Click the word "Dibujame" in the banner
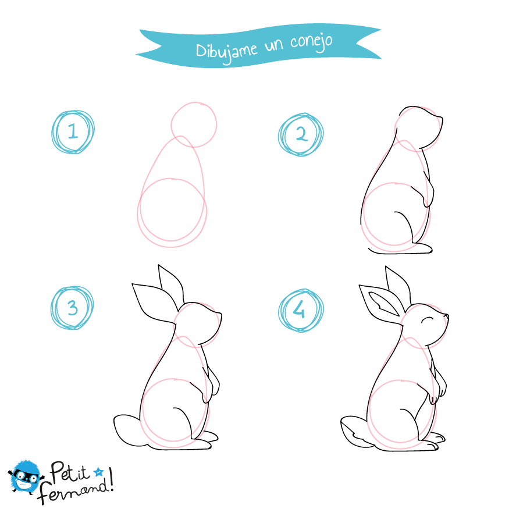226,52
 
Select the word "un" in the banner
274,46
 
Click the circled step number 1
73,132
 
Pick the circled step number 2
301,134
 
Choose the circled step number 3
72,308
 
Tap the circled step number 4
301,311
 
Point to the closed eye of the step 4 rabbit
428,319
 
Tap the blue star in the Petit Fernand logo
98,472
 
